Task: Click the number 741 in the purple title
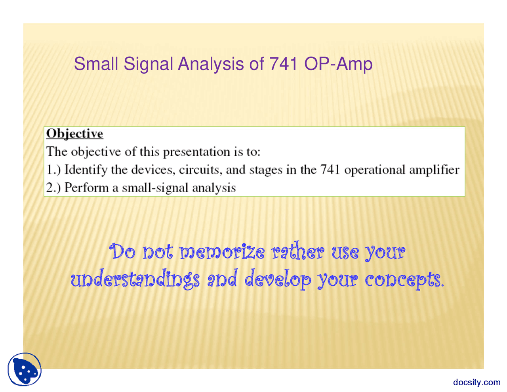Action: (283, 64)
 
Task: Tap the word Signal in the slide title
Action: (149, 64)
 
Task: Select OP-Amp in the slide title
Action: (338, 64)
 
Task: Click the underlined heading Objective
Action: (74, 134)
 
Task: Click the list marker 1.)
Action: (53, 170)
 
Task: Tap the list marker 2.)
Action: (53, 187)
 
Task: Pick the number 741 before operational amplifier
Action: (330, 170)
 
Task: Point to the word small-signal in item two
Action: (155, 187)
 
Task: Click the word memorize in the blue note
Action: (222, 252)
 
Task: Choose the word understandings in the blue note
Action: (135, 280)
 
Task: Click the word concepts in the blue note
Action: (404, 280)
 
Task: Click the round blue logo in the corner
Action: (25, 369)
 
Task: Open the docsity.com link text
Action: (477, 382)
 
